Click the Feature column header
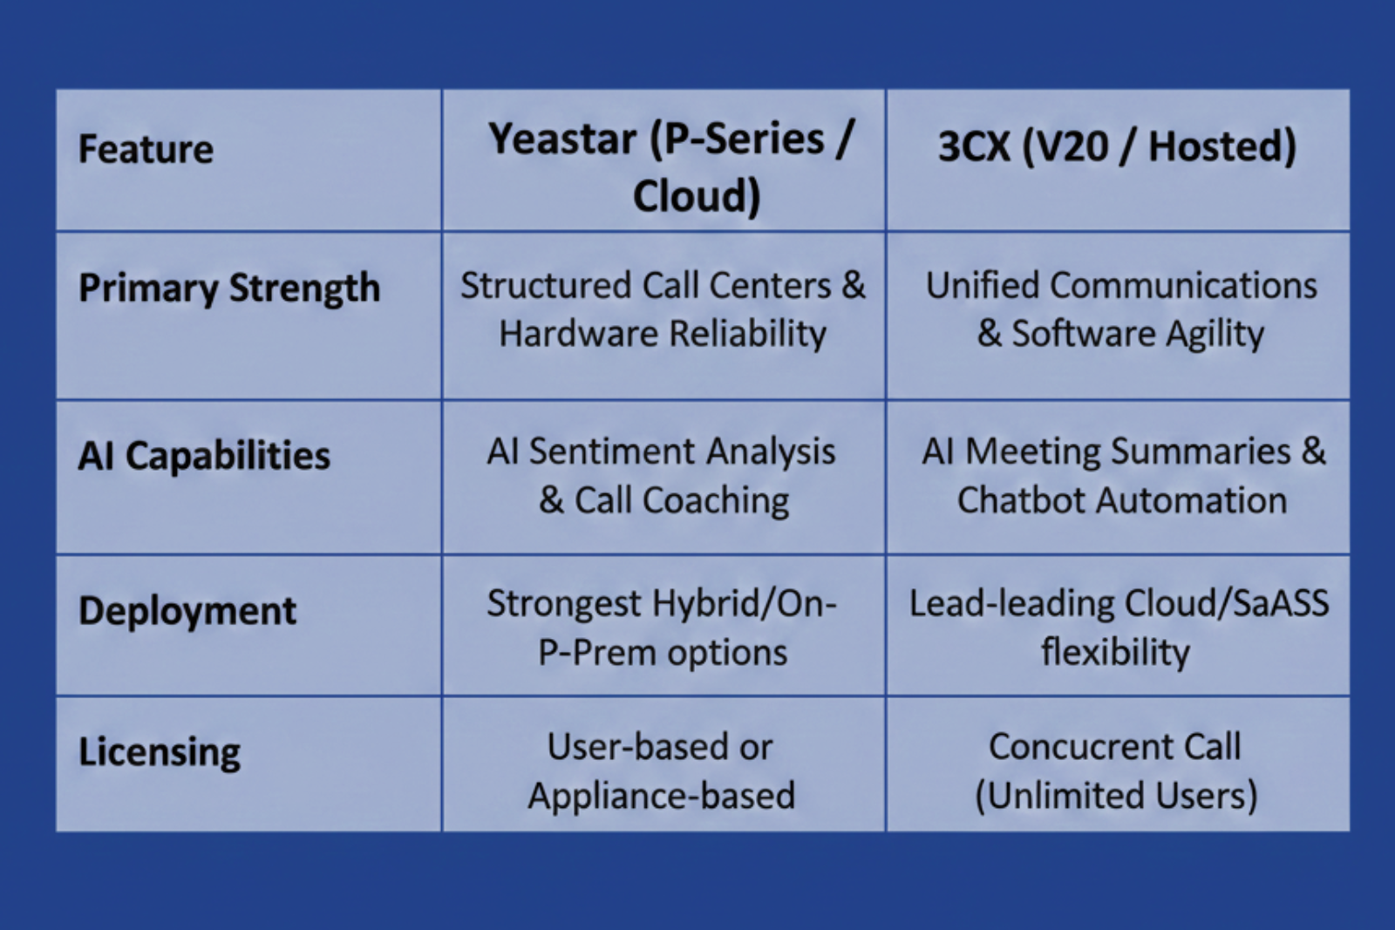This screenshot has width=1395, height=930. (146, 149)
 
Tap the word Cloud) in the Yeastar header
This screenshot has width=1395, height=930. (697, 195)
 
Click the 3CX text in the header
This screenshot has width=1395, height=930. (974, 147)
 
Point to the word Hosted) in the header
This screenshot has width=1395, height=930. (1222, 147)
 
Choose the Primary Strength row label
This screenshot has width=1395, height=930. (229, 289)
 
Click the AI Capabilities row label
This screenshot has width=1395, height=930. (204, 456)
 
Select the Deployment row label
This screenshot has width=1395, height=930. (187, 611)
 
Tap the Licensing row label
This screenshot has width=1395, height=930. (160, 752)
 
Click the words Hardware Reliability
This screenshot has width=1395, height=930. (663, 334)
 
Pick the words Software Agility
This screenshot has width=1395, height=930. (1138, 335)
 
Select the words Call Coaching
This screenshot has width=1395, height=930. (682, 500)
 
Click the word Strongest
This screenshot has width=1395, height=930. (563, 604)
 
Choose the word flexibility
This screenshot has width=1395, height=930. (1116, 653)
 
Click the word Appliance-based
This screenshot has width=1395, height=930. (662, 796)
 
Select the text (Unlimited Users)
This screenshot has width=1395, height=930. (1116, 796)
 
